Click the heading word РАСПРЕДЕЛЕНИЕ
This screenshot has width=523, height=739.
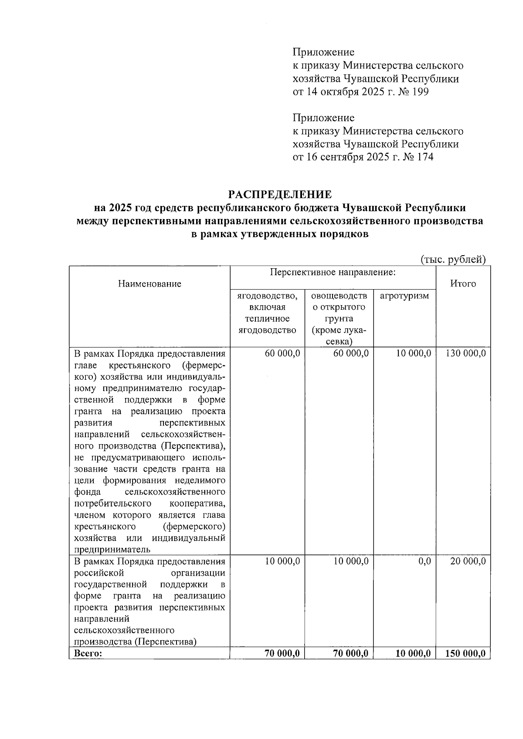tap(280, 194)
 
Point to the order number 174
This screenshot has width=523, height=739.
tap(424, 157)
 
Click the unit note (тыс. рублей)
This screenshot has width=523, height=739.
tap(453, 260)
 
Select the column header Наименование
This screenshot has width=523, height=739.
tap(149, 284)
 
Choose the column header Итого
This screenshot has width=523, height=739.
tap(463, 284)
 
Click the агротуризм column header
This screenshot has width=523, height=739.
tap(404, 296)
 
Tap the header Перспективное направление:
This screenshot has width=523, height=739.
tap(333, 273)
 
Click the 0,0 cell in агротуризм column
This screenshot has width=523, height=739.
tap(424, 561)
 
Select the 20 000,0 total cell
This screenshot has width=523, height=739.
tap(468, 561)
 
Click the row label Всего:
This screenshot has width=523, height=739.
tap(88, 653)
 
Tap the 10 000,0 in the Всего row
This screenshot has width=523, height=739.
tap(413, 653)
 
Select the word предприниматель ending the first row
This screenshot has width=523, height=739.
tap(112, 550)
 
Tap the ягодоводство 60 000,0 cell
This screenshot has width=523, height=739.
tap(282, 353)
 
